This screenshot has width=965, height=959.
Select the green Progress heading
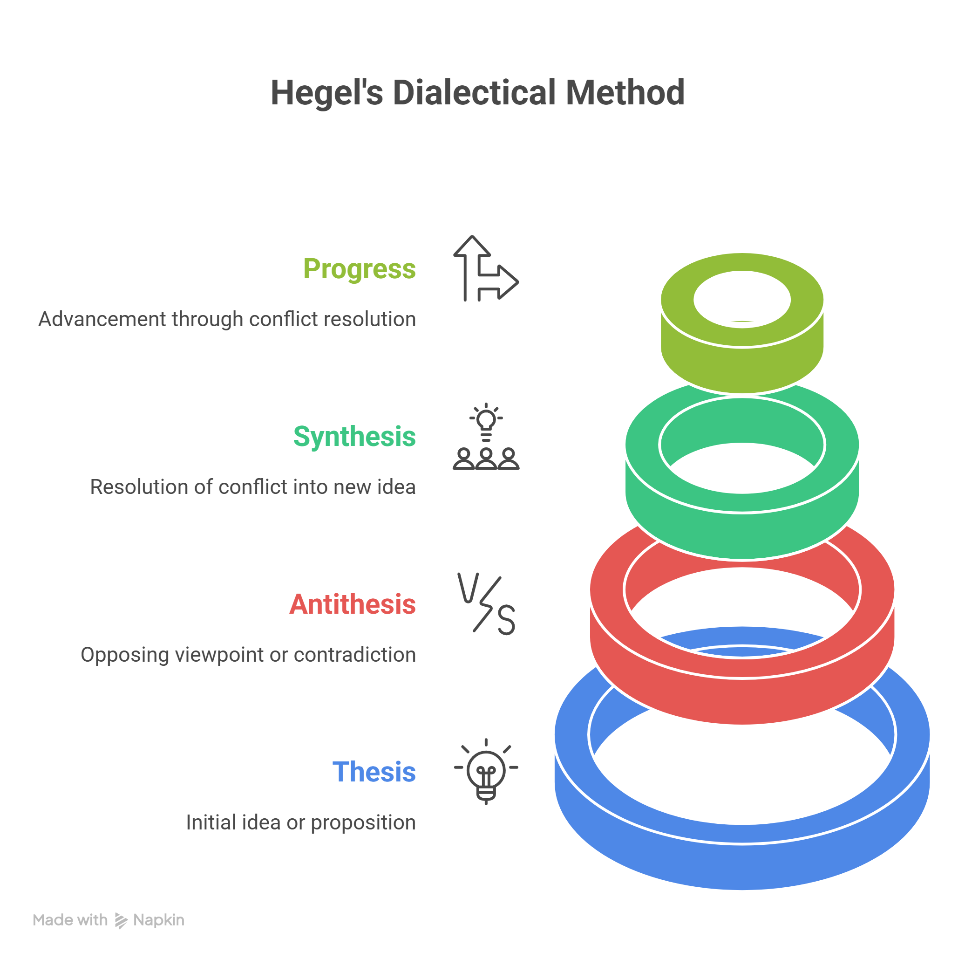pos(359,270)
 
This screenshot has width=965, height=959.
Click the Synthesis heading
pos(354,437)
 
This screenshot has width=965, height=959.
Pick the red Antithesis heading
pos(352,604)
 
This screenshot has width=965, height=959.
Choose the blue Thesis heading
pos(374,772)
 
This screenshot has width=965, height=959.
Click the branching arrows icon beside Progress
pos(485,268)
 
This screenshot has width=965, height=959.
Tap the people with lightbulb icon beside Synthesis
pos(486,436)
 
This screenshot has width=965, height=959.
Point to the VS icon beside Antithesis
pos(486,603)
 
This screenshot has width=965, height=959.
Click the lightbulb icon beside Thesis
pos(486,771)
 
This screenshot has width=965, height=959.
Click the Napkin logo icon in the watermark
pos(121,920)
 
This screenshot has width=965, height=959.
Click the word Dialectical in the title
pos(474,92)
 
